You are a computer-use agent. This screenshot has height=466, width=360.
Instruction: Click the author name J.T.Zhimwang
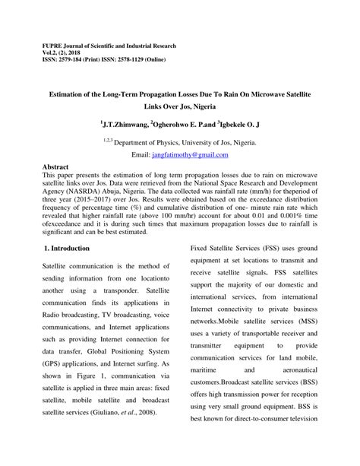[x=124, y=122]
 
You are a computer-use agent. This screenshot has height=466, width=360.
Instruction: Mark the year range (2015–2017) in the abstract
[x=93, y=203]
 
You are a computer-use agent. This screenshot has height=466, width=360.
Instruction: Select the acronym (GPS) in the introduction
[x=51, y=363]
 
